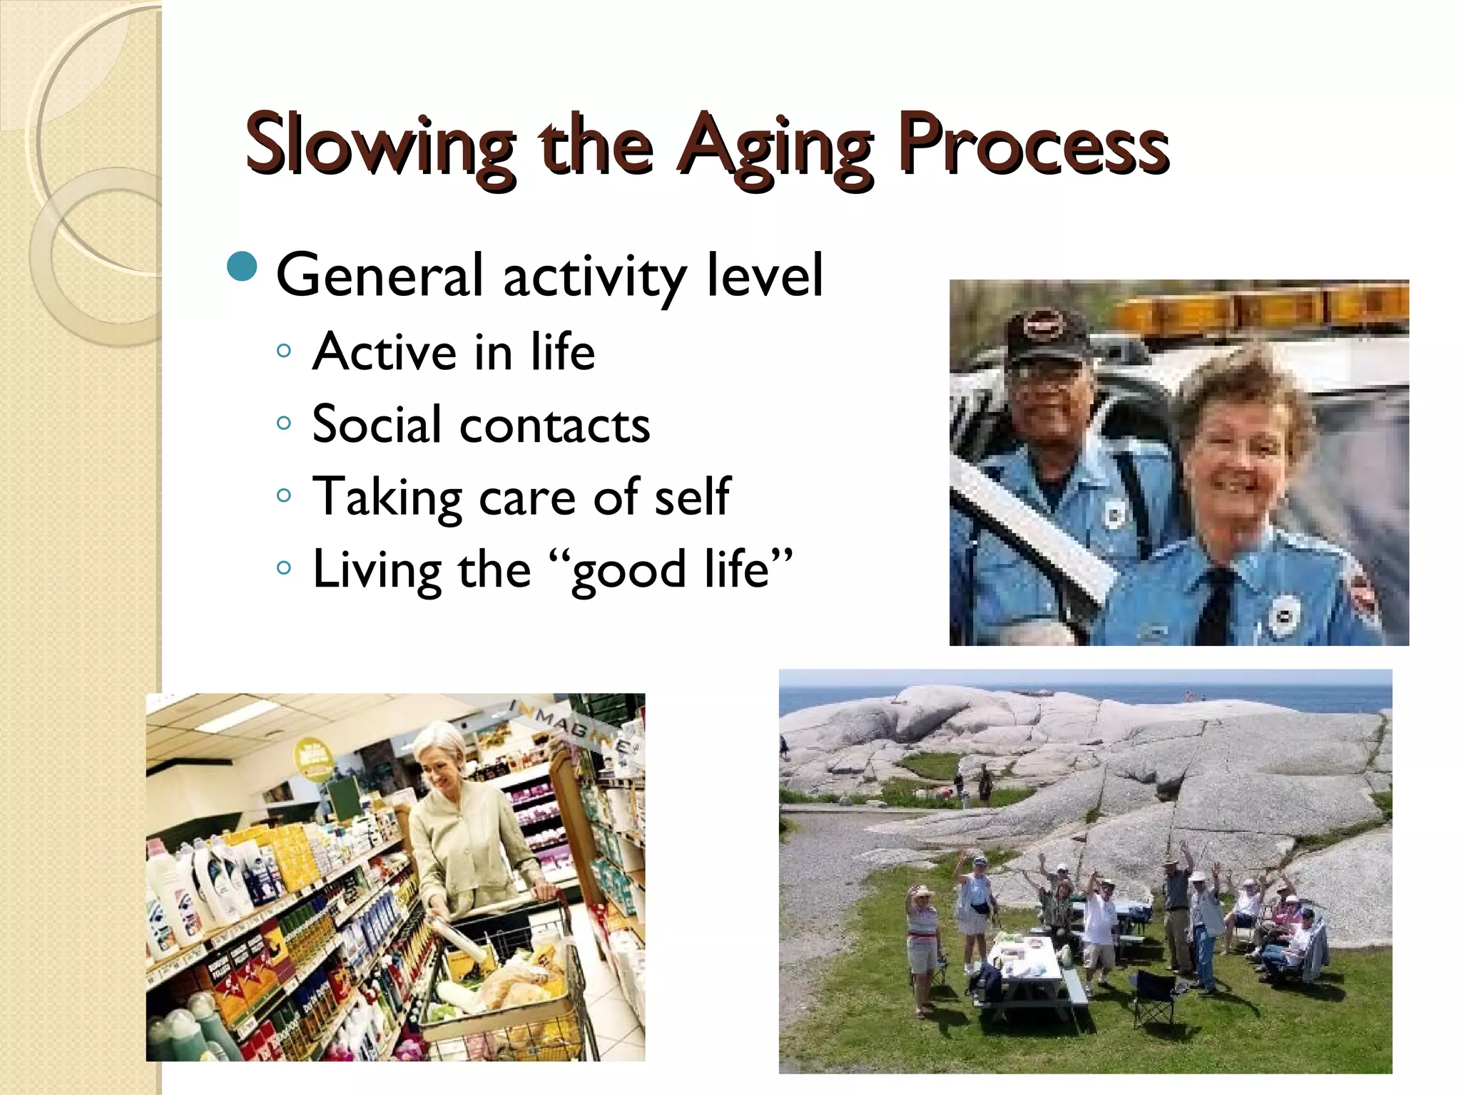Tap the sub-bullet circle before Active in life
click(x=284, y=351)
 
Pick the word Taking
click(x=387, y=498)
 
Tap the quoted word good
click(x=628, y=571)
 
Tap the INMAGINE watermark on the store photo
click(x=571, y=724)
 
